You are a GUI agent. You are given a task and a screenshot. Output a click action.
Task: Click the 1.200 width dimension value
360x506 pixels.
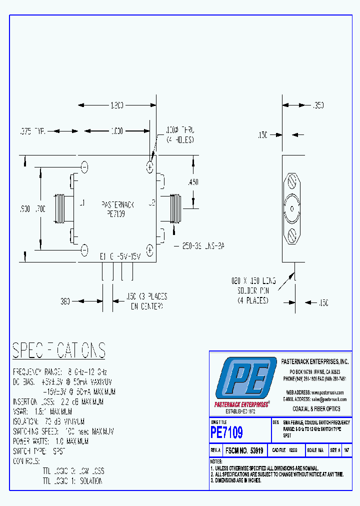(x=116, y=105)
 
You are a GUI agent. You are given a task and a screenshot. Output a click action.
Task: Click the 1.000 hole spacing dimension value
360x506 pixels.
(x=116, y=131)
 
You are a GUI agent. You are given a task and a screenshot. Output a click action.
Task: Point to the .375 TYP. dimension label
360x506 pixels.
(x=32, y=131)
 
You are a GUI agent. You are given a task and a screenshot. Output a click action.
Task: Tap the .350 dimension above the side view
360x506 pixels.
(x=318, y=105)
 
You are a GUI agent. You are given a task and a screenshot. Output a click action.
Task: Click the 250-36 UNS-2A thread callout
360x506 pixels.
(x=199, y=246)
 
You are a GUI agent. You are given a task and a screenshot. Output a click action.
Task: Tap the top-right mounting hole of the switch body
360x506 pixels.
(x=149, y=166)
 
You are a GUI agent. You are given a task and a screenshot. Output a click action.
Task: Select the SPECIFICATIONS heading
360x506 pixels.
(x=59, y=350)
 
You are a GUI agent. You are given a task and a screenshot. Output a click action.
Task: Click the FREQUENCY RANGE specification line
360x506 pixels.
(x=60, y=372)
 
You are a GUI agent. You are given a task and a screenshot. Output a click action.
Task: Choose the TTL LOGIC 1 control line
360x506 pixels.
(x=73, y=481)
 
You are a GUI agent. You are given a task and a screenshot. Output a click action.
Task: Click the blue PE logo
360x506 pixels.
(x=245, y=378)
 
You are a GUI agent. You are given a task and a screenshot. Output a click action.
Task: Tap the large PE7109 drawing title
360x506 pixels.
(x=226, y=431)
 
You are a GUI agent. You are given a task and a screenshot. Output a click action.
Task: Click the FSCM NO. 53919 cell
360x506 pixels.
(x=244, y=450)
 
